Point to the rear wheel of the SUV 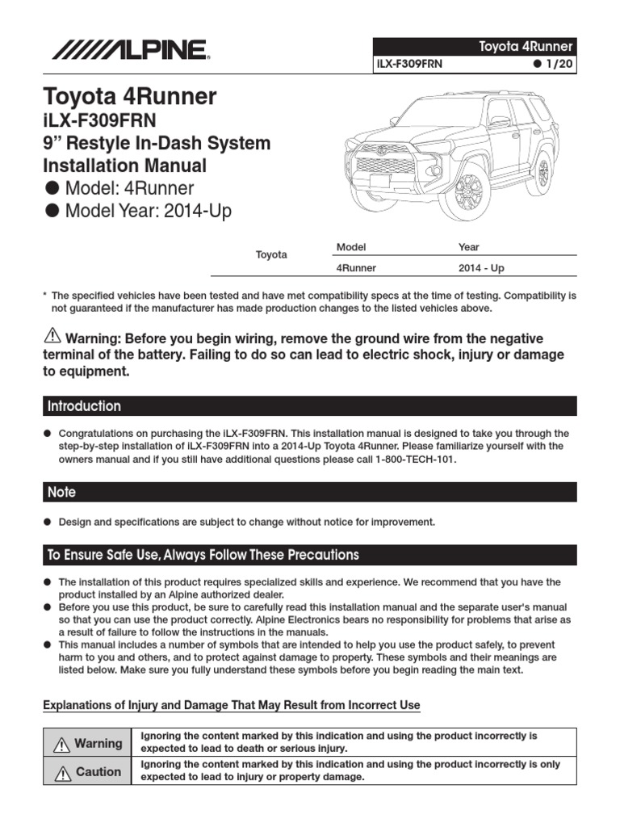pyautogui.click(x=542, y=173)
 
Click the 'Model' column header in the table pyautogui.click(x=350, y=247)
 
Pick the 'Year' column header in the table pyautogui.click(x=468, y=247)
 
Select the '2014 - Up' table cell pyautogui.click(x=481, y=268)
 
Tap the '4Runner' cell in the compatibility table pyautogui.click(x=356, y=268)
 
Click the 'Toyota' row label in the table pyautogui.click(x=271, y=254)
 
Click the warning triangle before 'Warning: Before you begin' pyautogui.click(x=52, y=337)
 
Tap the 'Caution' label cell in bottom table pyautogui.click(x=89, y=772)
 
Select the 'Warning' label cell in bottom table pyautogui.click(x=89, y=743)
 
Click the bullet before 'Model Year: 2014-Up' pyautogui.click(x=52, y=213)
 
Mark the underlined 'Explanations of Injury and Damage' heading pyautogui.click(x=231, y=705)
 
